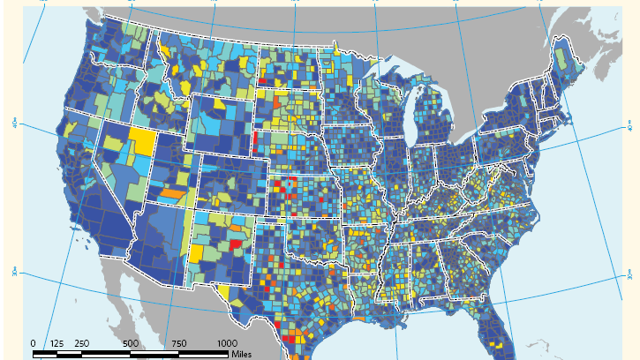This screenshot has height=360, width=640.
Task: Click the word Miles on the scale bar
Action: point(242,355)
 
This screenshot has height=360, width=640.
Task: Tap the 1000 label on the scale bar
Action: point(227,343)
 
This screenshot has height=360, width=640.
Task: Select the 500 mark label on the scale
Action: point(131,343)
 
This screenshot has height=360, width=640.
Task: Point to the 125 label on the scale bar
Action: point(57,343)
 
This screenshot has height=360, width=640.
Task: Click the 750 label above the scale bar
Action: point(180,343)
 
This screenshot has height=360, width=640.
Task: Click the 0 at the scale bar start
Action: point(34,343)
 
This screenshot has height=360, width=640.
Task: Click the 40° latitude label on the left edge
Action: point(15,123)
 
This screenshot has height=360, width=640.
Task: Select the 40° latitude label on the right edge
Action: point(629,129)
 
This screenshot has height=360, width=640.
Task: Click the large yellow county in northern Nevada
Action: point(141,140)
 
